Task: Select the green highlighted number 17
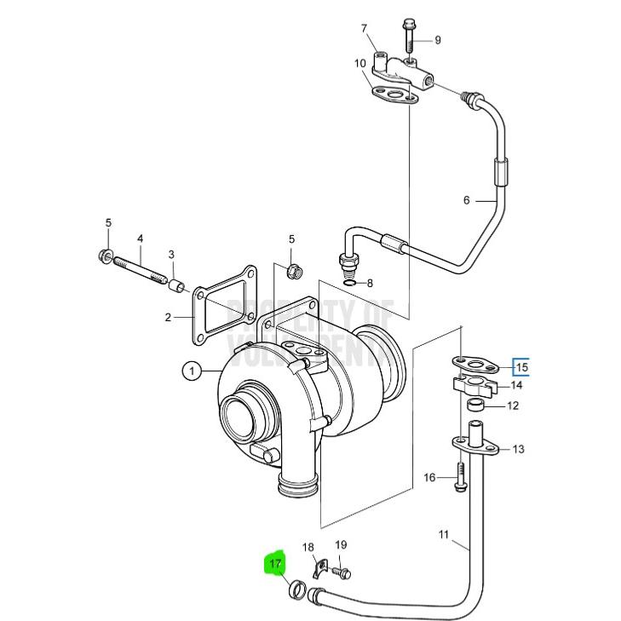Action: click(275, 564)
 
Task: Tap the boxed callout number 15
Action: click(521, 367)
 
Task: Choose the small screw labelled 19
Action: click(343, 574)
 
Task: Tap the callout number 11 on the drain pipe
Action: click(444, 534)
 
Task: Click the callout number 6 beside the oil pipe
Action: click(466, 201)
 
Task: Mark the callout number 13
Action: click(519, 449)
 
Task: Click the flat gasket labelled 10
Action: click(393, 95)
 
